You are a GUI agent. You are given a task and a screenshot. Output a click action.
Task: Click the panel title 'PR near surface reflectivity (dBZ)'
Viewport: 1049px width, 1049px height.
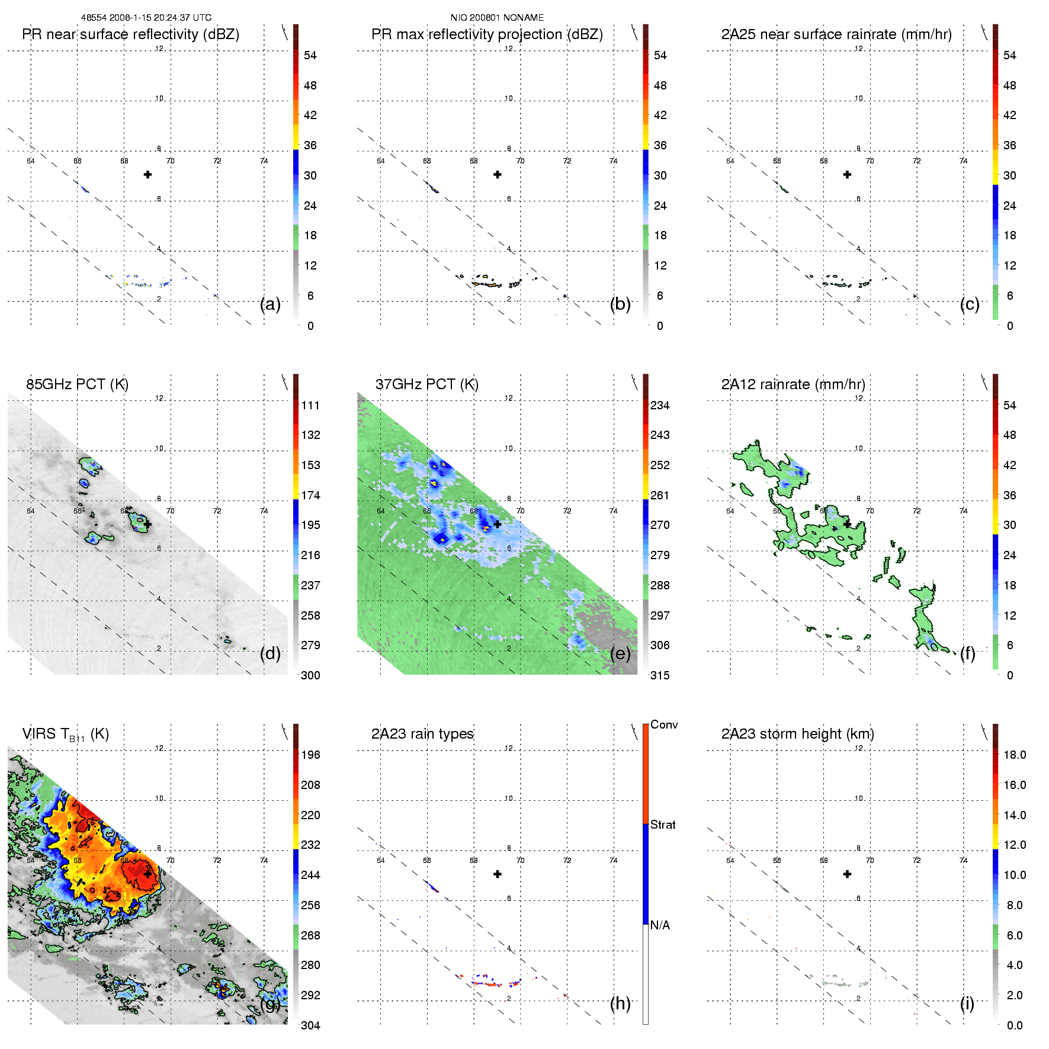pos(130,34)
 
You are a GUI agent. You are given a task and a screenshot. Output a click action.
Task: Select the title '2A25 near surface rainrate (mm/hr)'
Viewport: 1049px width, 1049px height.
pos(836,34)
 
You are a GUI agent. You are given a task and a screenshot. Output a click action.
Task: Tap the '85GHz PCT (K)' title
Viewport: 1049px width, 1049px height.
pos(77,384)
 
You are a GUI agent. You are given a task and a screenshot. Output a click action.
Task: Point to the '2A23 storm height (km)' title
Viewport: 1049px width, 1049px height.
pos(797,734)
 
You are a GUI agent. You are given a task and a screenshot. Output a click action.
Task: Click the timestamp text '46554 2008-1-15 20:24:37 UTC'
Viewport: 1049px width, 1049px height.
pos(146,18)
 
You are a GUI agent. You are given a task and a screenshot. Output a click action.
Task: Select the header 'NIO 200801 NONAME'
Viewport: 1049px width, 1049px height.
pos(497,18)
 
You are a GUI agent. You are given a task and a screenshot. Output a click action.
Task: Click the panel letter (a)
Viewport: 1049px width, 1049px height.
pos(270,304)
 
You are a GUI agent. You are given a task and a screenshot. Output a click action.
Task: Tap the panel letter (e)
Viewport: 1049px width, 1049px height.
pos(620,654)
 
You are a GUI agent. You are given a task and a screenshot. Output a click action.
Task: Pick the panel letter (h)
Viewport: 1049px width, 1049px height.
pos(620,1003)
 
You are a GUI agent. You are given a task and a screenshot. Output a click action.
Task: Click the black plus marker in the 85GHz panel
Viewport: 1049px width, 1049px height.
pos(147,524)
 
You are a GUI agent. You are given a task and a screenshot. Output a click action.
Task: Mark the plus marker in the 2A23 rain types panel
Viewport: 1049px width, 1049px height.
pos(498,874)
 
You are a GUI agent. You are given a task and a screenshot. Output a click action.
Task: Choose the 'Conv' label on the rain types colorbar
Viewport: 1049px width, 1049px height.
pos(664,725)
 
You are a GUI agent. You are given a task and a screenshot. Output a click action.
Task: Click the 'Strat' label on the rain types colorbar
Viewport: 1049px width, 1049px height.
pos(663,825)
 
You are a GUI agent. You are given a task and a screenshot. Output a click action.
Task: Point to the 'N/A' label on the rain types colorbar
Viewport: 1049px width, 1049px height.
pos(660,925)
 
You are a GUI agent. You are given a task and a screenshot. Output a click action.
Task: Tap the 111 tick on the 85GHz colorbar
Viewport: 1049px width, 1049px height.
pos(310,406)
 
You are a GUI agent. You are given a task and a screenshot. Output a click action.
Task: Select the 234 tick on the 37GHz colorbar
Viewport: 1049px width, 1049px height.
pos(660,406)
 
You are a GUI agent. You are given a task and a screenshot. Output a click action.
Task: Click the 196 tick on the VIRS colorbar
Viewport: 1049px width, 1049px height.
pos(310,755)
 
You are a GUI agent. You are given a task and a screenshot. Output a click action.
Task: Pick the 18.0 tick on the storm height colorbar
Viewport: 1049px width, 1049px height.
pos(1015,755)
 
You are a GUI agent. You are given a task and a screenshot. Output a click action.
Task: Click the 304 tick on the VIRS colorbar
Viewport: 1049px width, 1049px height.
pos(310,1025)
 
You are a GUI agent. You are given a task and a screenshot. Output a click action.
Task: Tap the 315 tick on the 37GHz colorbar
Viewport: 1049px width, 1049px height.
pos(660,676)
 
